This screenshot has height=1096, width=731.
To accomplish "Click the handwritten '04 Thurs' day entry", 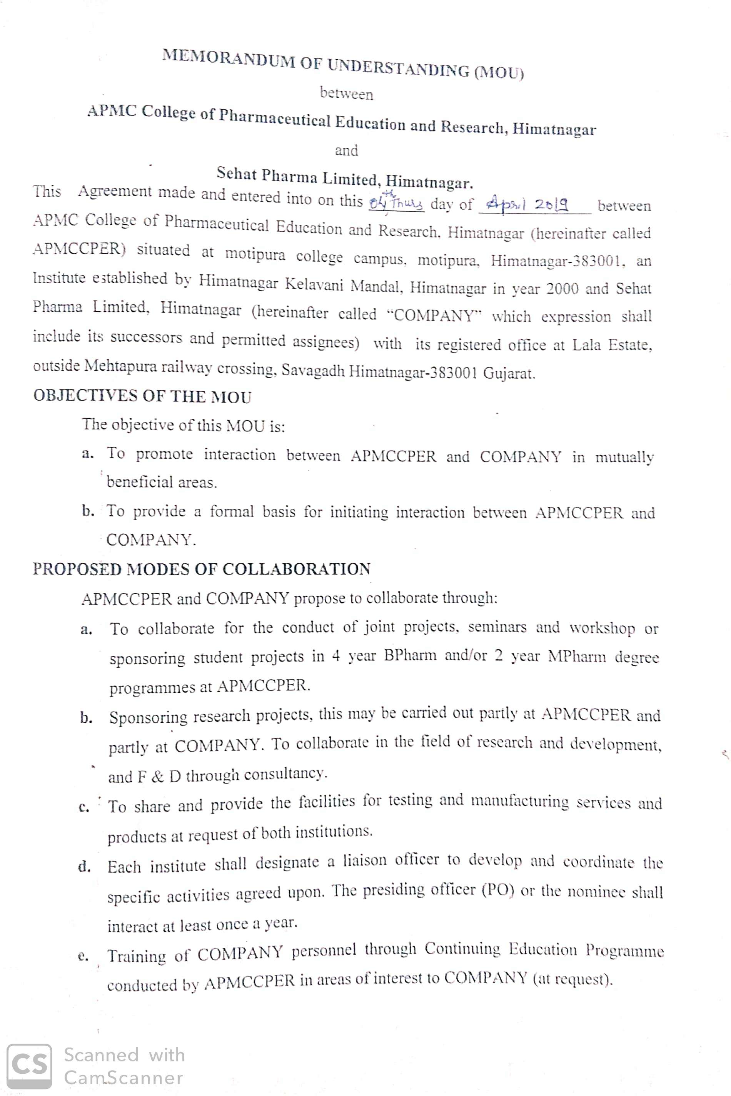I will (396, 203).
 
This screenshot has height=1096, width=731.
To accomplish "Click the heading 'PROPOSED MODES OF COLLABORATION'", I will (201, 569).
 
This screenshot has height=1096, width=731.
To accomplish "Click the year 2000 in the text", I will (562, 289).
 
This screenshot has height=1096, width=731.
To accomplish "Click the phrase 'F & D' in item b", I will (158, 777).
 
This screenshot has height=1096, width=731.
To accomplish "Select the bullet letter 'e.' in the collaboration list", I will (83, 956).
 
